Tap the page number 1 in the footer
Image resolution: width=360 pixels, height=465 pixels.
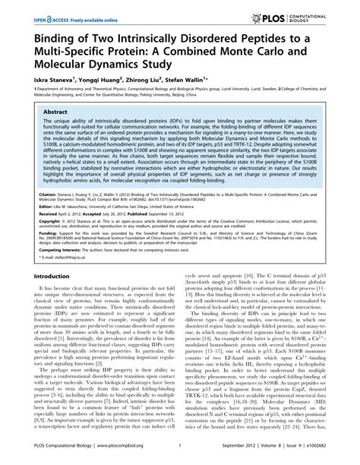click(179, 448)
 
